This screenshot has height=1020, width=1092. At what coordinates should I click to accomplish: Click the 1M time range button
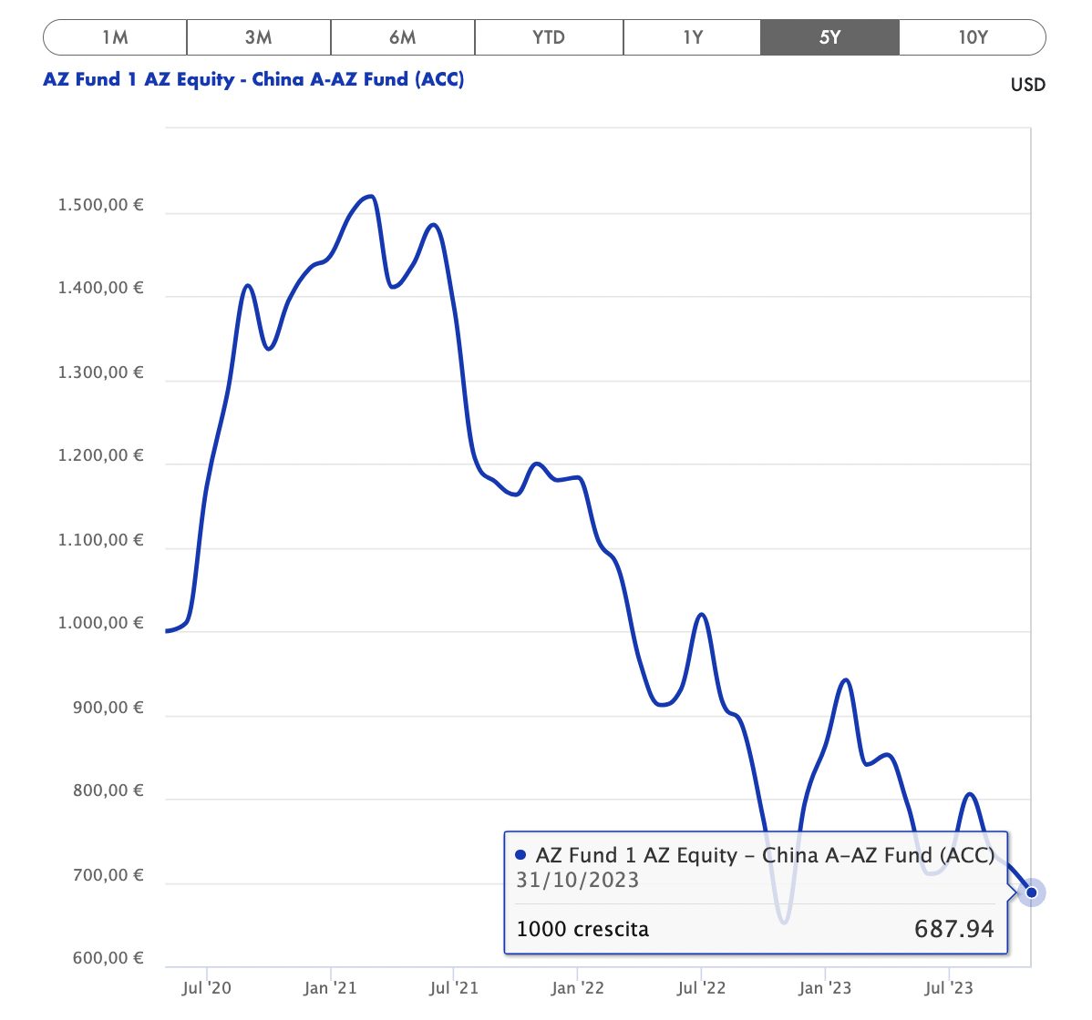click(115, 37)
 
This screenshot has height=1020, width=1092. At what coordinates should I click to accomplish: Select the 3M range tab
click(259, 37)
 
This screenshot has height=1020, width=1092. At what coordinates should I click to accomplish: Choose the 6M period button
click(402, 37)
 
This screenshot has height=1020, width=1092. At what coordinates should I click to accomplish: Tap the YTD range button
click(549, 37)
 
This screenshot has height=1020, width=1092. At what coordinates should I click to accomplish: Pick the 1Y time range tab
click(693, 37)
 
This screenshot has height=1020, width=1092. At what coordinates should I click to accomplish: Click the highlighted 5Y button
click(829, 37)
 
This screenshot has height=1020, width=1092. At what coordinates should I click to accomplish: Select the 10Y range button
click(973, 37)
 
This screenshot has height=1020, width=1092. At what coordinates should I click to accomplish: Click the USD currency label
click(1027, 85)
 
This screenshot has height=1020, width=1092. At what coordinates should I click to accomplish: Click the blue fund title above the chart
click(253, 79)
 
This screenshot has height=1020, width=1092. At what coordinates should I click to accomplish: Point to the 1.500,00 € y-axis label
click(100, 205)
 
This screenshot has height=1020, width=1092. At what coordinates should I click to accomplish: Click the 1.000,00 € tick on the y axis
click(100, 623)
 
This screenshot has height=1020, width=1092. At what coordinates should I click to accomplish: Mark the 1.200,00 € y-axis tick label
click(100, 455)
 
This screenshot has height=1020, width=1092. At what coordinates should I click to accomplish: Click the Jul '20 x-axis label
click(207, 988)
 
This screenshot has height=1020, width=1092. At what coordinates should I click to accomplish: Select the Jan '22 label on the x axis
click(577, 988)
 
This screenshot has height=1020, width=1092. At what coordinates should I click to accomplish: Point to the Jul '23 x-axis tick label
click(949, 988)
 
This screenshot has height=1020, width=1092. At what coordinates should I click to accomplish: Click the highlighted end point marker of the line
click(1032, 892)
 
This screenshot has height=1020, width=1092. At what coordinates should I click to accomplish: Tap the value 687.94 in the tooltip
click(953, 929)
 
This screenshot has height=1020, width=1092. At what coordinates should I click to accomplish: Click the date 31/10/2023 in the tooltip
click(577, 880)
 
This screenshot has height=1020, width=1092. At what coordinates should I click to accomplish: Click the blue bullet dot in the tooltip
click(520, 855)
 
